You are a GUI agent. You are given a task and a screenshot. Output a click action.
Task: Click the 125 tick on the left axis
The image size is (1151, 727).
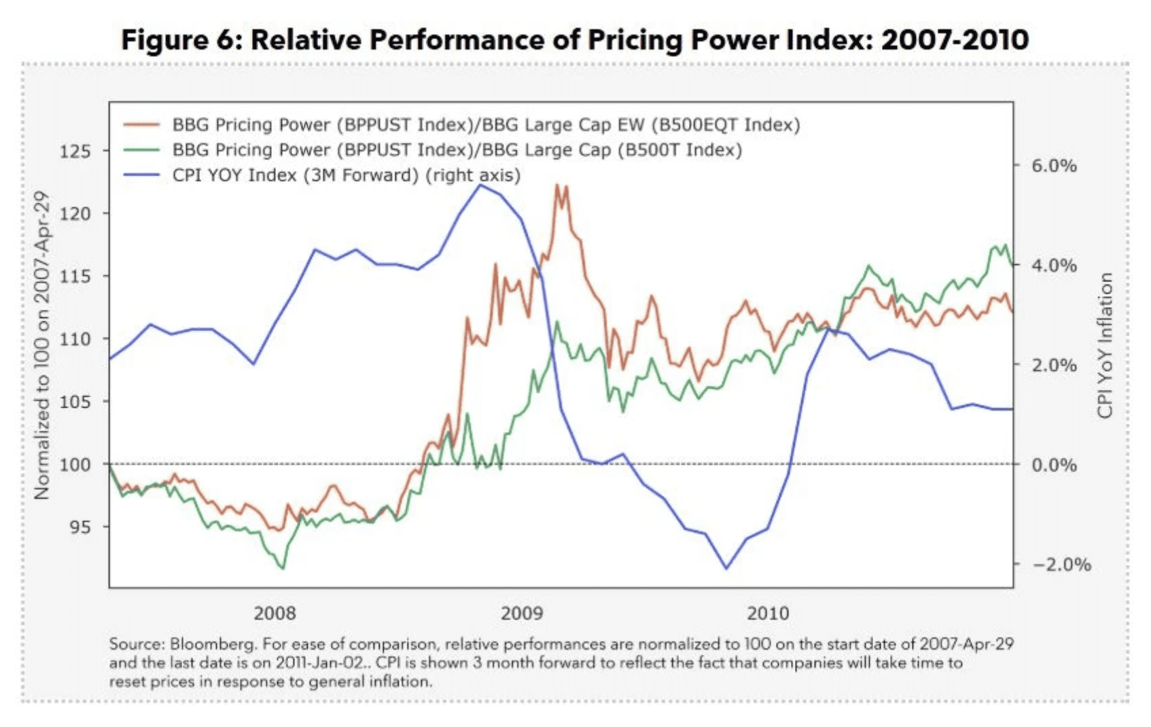75,151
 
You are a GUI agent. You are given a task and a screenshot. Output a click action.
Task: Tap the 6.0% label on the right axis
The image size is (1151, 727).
1054,166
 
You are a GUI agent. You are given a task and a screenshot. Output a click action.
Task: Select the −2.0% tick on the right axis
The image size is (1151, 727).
1061,565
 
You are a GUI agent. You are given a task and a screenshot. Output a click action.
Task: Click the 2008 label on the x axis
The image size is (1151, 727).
275,614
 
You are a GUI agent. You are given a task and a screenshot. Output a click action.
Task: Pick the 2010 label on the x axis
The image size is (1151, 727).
768,614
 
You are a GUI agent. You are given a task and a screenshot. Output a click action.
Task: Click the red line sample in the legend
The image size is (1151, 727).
141,125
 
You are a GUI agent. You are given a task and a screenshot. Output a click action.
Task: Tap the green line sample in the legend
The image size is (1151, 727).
141,150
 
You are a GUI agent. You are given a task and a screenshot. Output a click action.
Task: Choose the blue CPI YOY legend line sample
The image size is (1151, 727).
141,175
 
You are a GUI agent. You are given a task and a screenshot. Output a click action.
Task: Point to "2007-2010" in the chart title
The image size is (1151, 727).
955,39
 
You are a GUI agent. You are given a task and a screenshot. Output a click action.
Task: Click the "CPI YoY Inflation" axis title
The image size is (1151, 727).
1105,345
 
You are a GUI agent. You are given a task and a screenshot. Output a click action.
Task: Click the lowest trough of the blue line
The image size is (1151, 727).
726,569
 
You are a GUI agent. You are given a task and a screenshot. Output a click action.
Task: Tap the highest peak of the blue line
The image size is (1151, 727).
480,185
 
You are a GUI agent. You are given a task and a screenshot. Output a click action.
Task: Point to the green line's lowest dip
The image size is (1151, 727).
282,568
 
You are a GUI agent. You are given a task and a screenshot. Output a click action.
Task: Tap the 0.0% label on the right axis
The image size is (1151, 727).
1054,465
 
